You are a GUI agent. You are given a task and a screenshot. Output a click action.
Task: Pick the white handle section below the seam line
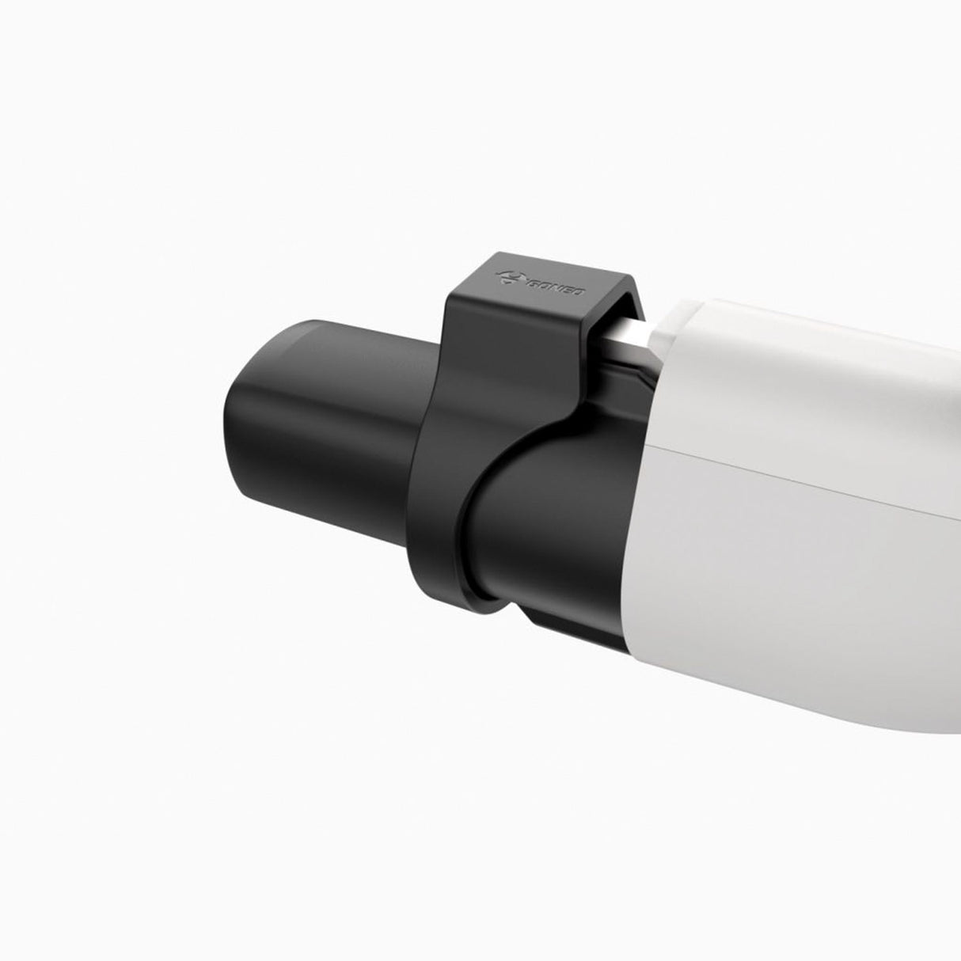792,594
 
